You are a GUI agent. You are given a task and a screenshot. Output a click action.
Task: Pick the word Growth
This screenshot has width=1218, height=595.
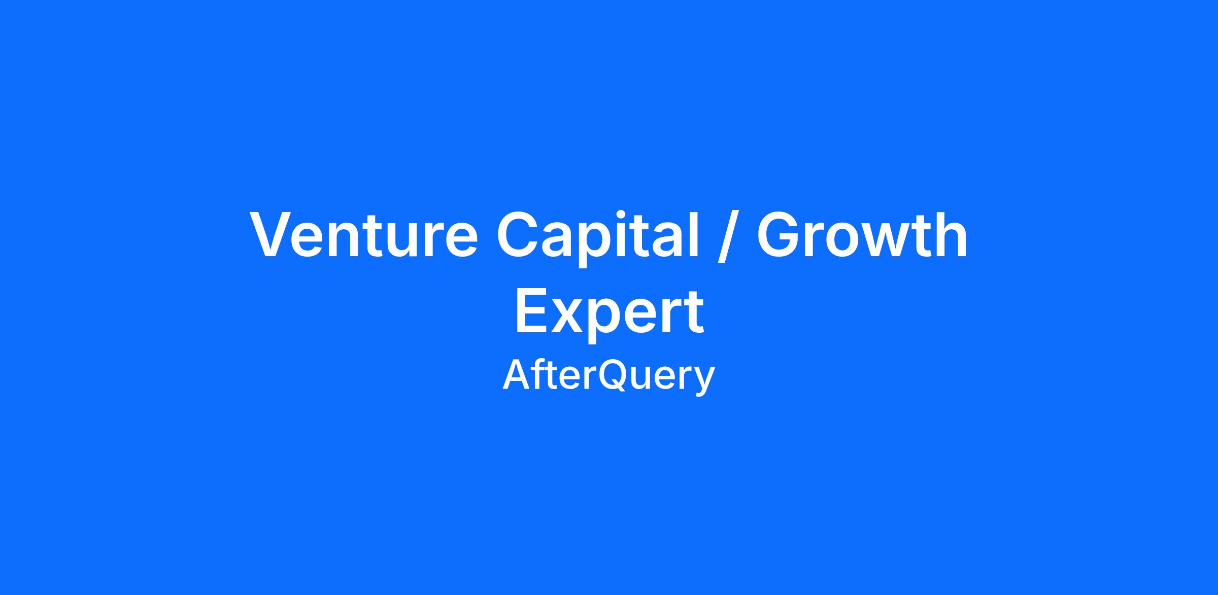tap(862, 234)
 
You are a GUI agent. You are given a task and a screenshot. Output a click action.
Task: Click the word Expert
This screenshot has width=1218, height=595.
tap(610, 313)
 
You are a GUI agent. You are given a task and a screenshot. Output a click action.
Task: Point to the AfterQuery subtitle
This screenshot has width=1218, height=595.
tap(609, 376)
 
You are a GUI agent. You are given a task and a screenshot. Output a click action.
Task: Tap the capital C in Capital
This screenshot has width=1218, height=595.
tap(518, 235)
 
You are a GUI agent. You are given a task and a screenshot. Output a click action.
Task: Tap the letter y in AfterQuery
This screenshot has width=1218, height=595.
tap(704, 381)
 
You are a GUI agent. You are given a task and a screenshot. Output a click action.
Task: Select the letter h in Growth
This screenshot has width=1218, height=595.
tap(953, 234)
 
